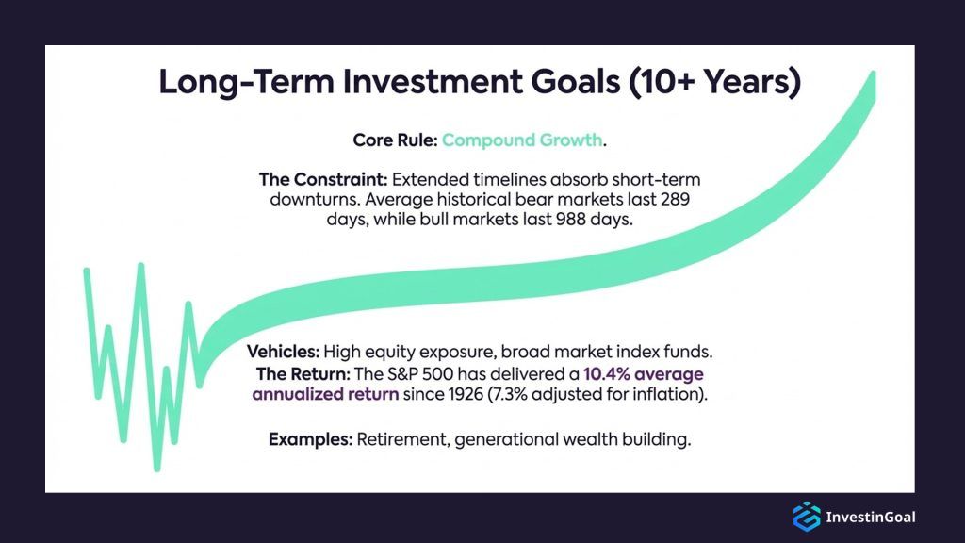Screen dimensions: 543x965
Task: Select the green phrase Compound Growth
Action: click(x=521, y=140)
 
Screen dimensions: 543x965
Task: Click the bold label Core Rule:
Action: click(x=394, y=140)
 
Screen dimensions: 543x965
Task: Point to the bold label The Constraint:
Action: click(x=322, y=179)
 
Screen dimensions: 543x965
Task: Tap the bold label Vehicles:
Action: click(x=283, y=352)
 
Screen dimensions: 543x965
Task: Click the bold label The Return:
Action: click(x=292, y=374)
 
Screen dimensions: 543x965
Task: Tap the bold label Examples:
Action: click(x=307, y=439)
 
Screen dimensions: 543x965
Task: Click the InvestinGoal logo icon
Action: click(x=807, y=516)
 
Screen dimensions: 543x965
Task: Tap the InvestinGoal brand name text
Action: click(x=870, y=517)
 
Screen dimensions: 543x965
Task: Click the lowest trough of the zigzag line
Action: click(x=157, y=467)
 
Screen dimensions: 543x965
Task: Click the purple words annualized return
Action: click(x=325, y=394)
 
